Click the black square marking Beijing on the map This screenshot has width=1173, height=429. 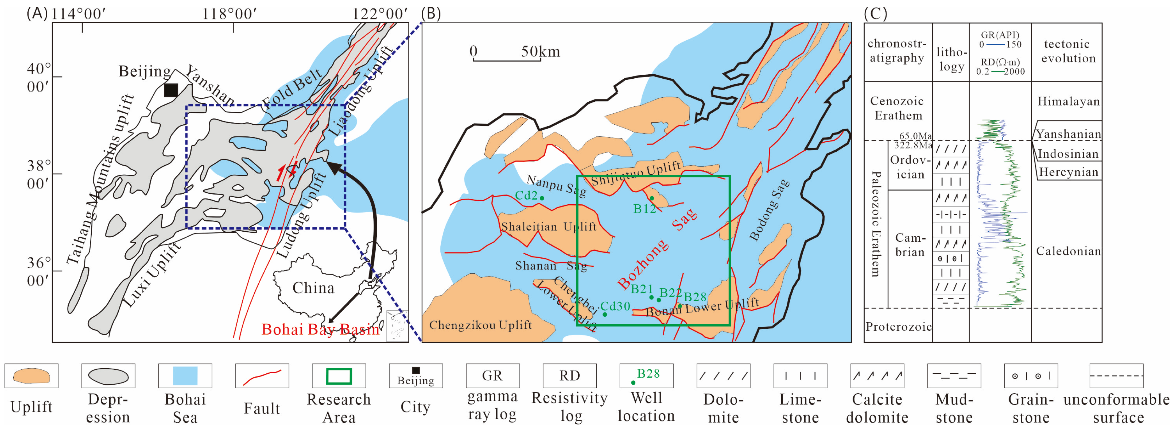pos(171,90)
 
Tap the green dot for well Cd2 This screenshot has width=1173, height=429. pos(542,198)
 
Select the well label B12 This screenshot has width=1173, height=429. pos(644,209)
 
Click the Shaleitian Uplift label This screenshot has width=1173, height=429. pos(549,227)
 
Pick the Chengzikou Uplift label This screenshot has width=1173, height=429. pos(480,325)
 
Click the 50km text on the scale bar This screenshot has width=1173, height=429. pos(541,52)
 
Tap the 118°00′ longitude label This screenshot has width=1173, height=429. pos(229,14)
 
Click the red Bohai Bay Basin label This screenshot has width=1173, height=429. pos(320,329)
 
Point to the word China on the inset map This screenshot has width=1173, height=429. pos(313,288)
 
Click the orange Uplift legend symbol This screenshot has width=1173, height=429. pos(32,376)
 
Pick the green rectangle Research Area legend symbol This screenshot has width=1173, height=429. pos(339,376)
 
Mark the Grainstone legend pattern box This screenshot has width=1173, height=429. pos(1031,376)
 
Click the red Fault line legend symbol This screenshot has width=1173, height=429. pos(262,376)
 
